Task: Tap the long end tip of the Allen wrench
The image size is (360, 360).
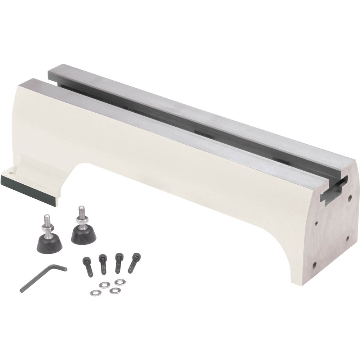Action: (22, 290)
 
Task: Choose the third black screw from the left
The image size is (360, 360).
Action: (118, 263)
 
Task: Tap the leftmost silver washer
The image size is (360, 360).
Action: (95, 292)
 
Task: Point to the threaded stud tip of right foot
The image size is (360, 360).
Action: (80, 208)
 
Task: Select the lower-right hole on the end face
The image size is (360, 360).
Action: (348, 238)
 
